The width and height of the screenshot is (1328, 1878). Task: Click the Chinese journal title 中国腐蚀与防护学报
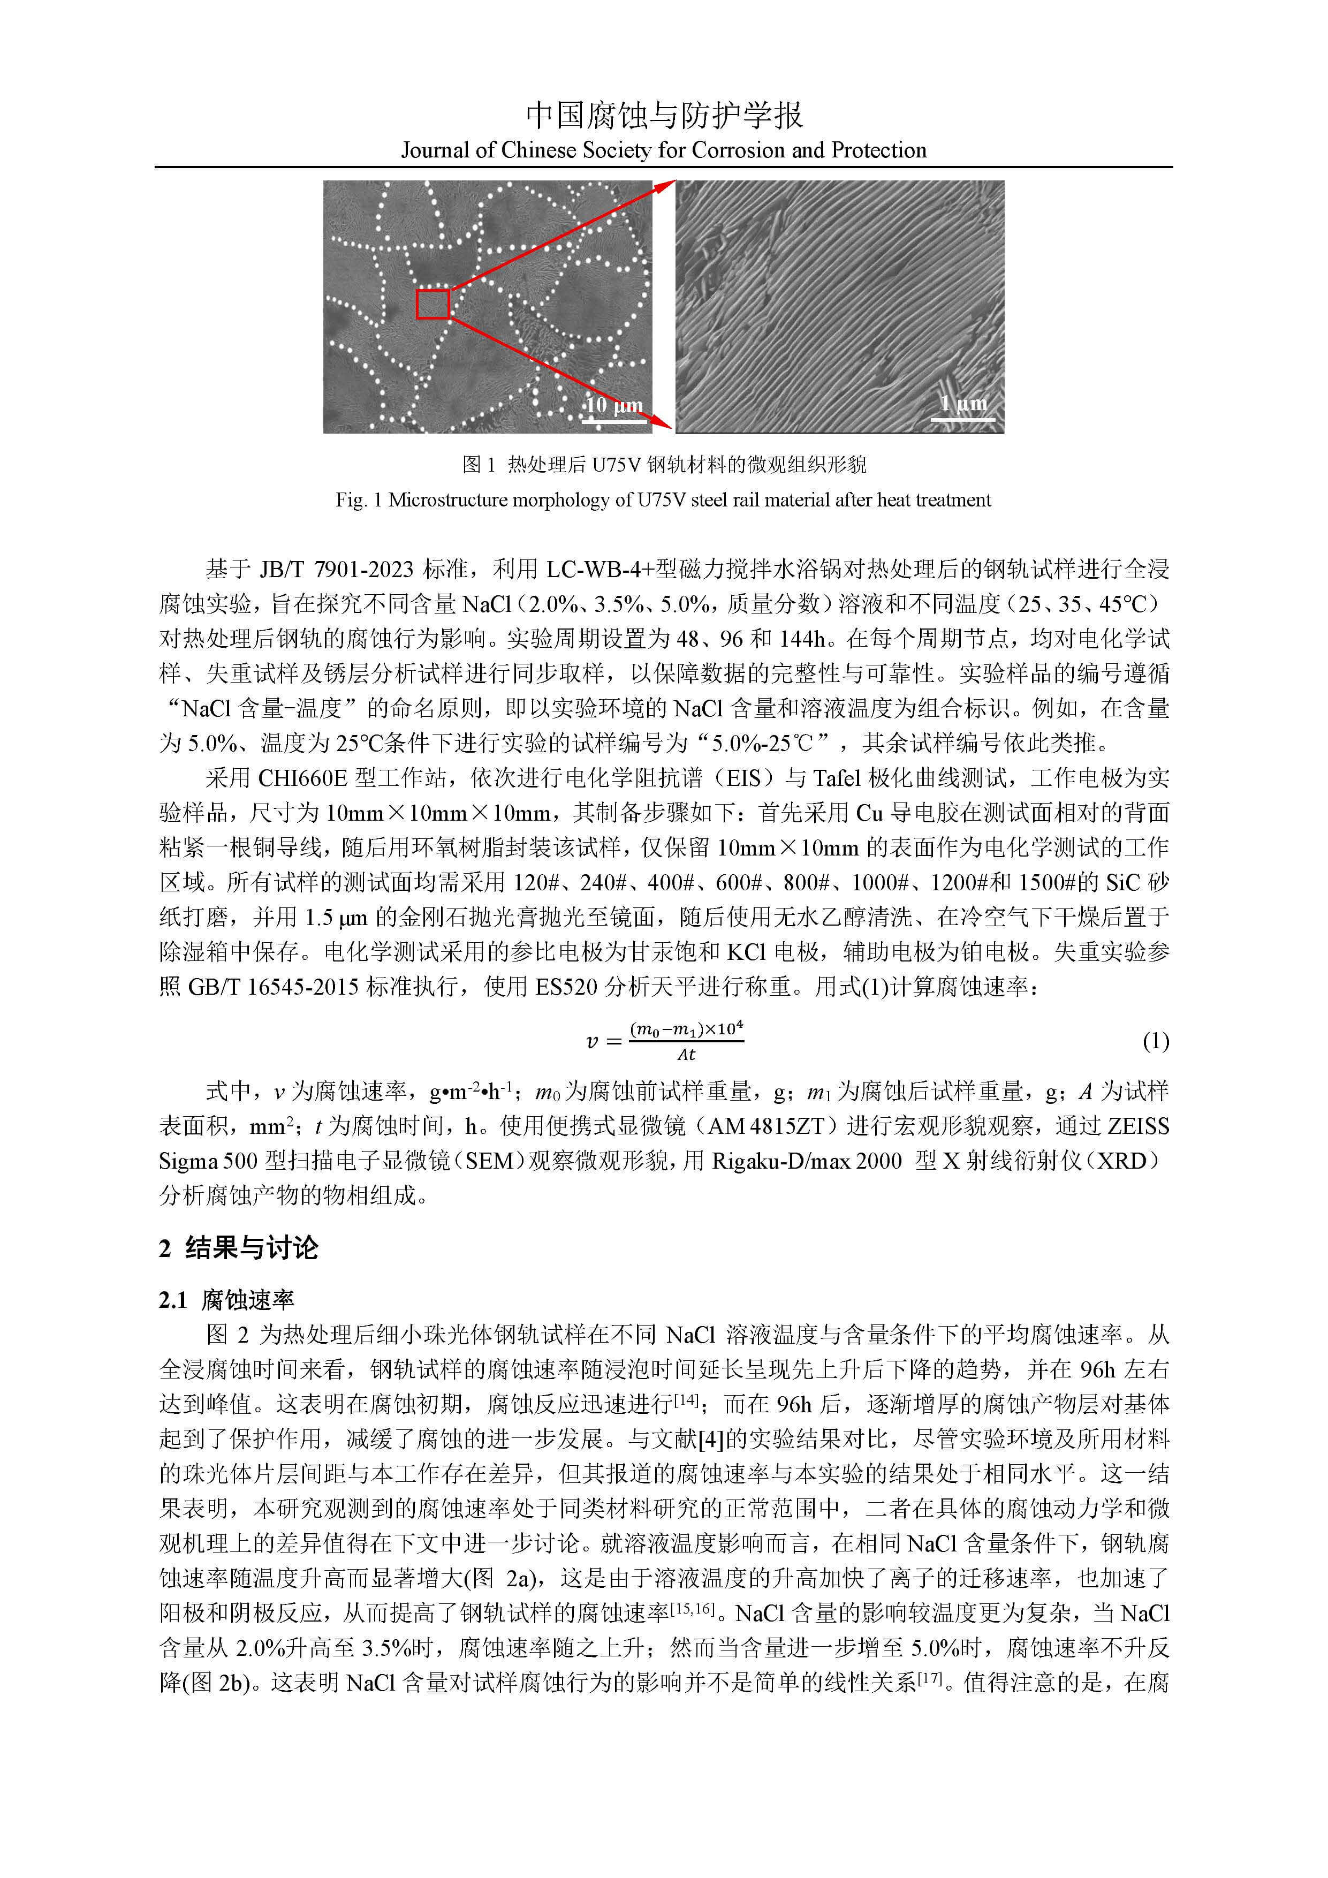(663, 115)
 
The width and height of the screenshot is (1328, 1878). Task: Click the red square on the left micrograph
(432, 304)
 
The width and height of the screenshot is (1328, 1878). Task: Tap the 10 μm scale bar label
(614, 405)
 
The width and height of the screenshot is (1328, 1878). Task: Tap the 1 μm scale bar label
(963, 403)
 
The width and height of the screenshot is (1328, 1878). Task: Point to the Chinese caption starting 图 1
(663, 465)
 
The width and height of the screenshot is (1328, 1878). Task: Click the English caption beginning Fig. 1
(663, 500)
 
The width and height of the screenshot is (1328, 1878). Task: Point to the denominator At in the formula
(686, 1055)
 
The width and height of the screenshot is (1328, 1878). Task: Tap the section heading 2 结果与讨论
(238, 1248)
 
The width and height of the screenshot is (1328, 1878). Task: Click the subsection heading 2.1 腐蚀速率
(226, 1300)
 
